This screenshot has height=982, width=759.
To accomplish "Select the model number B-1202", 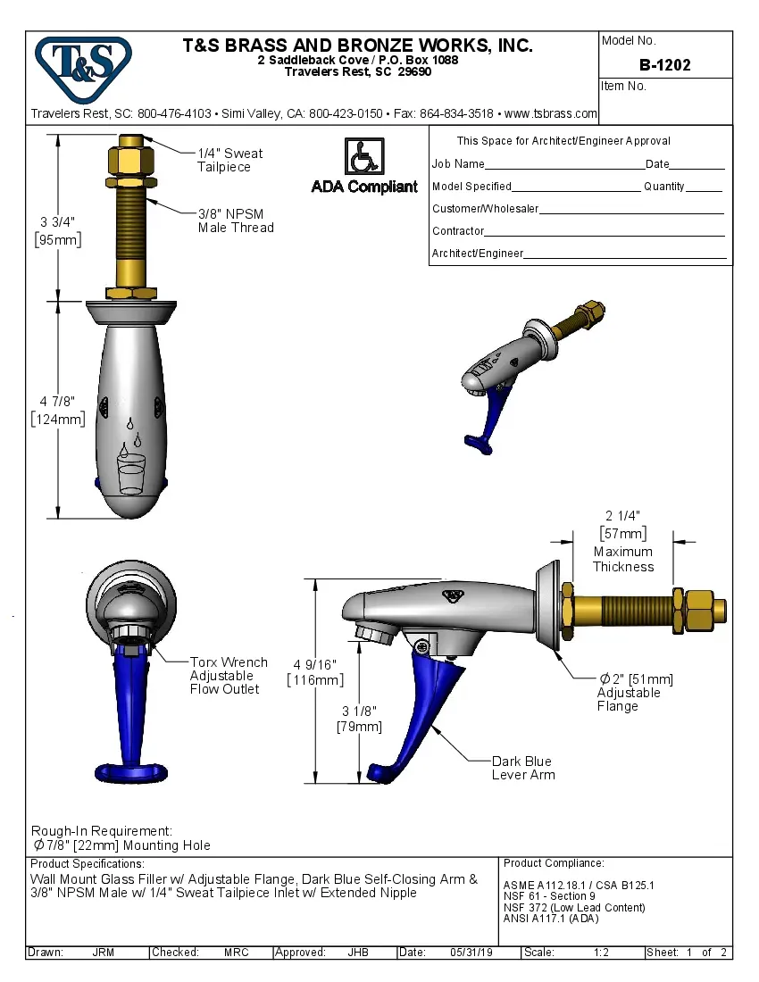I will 665,65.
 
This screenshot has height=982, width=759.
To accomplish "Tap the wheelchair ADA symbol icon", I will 363,157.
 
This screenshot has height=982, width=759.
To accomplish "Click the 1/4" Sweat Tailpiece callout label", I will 230,160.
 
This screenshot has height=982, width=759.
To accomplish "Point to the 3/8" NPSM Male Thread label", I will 236,221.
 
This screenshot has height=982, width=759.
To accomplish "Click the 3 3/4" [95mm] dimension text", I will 58,230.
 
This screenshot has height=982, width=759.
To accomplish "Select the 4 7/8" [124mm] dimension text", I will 58,410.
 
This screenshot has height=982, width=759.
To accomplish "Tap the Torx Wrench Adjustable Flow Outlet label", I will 229,676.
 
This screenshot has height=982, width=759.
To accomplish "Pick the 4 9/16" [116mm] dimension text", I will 315,672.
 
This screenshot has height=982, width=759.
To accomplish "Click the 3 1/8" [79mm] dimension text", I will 359,719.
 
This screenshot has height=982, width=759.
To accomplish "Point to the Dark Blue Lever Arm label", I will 523,768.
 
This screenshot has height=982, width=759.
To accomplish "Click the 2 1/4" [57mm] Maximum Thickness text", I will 622,542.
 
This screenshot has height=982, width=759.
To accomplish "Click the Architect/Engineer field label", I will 477,254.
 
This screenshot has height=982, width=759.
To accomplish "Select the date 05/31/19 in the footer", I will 471,953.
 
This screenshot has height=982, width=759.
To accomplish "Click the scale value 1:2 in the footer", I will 600,953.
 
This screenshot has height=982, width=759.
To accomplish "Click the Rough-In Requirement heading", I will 102,831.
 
